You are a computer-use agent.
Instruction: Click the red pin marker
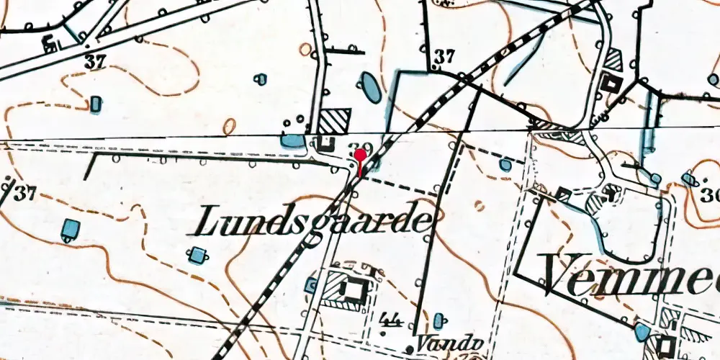pos(360,155)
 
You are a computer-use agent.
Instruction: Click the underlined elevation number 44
pos(393,320)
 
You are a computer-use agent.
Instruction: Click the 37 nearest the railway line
pos(444,55)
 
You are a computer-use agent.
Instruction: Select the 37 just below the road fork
pos(94,63)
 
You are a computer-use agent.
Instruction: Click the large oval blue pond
pos(369,87)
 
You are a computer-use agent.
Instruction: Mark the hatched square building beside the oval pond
pos(335,120)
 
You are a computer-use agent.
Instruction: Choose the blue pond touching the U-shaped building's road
pos(293,141)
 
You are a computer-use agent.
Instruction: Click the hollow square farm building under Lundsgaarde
pos(352,289)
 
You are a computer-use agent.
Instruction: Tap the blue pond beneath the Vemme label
pos(640,332)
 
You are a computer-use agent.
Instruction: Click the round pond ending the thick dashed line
pos(505,165)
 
